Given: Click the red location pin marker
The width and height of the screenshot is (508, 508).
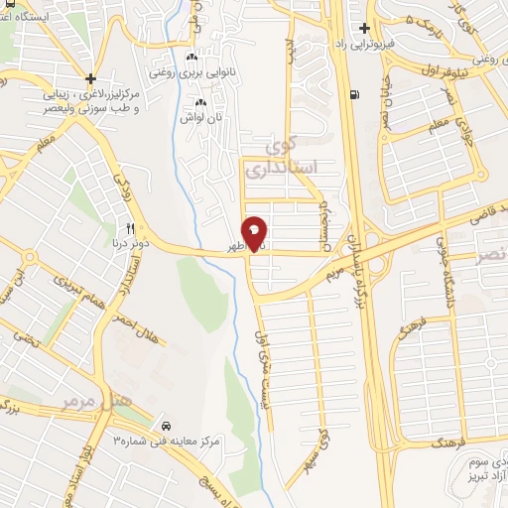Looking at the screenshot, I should [256, 232].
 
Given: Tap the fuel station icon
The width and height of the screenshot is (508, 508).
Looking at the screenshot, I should [354, 95].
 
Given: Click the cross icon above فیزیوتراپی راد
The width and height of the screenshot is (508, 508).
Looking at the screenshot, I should [365, 29].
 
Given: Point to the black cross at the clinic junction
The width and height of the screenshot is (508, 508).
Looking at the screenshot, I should [91, 77].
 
